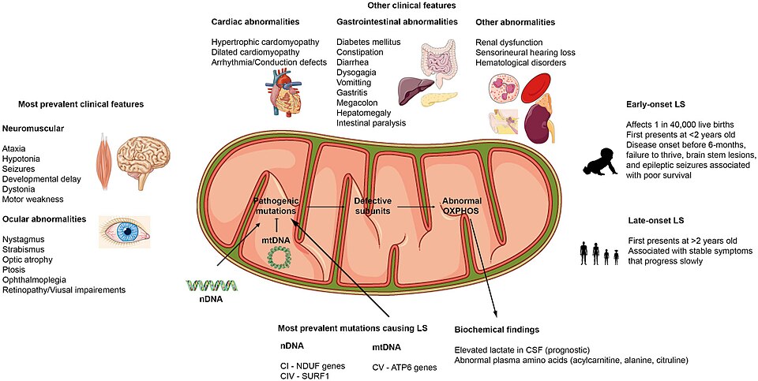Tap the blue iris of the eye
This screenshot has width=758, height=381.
(128, 233)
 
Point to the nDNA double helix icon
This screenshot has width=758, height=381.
(212, 285)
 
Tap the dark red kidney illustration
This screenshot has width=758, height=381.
(537, 124)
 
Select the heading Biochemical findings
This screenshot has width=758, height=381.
(497, 330)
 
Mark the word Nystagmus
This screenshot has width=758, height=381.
(19, 240)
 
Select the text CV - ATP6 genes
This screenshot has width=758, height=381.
(404, 368)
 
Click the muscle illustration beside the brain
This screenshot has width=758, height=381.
(104, 162)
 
